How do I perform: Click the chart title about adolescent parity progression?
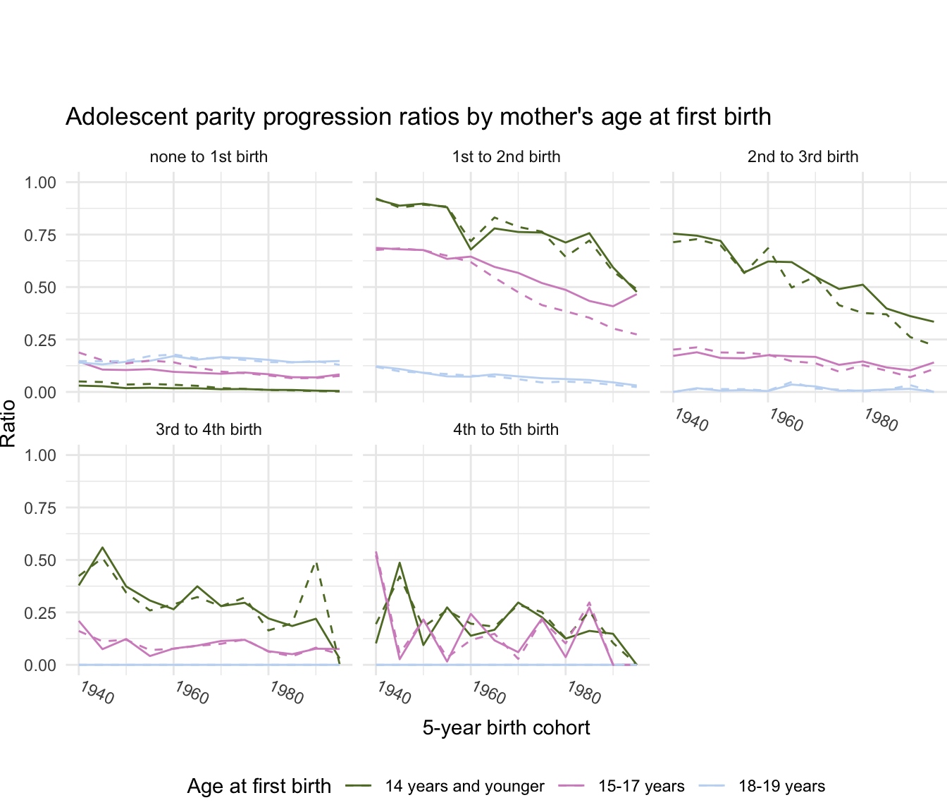point(418,117)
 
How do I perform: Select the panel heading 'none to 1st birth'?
point(209,156)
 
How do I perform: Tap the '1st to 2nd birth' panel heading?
point(506,156)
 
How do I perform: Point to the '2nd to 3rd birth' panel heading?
point(803,156)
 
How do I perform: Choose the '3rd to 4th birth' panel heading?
point(209,429)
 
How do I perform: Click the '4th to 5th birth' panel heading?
point(506,429)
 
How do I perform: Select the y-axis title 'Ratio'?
point(8,423)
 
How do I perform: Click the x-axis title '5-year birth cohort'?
point(506,727)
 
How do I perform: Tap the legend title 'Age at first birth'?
point(259,787)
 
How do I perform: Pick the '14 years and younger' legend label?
point(464,787)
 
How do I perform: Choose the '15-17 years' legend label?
point(641,787)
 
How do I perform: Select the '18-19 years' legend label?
point(781,787)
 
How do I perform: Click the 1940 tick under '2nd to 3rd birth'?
point(691,420)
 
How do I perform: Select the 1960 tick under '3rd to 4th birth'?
point(192,693)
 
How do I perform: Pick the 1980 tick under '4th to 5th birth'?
point(583,693)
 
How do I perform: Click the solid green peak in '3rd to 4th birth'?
point(103,547)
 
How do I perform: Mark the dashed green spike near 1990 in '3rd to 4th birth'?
point(316,562)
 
